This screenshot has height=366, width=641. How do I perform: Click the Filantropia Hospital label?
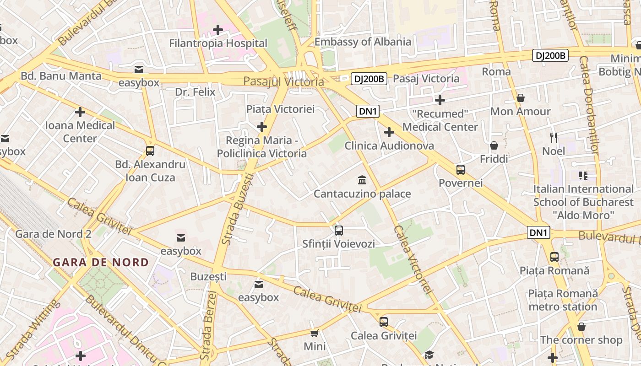218,43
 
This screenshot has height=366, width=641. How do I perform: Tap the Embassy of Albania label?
363,42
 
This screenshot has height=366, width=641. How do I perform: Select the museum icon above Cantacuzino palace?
362,179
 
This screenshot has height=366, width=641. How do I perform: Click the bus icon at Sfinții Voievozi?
339,231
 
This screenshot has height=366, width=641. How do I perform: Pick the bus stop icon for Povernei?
461,170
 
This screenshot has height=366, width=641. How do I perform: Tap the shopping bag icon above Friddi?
494,145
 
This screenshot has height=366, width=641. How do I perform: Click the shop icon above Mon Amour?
521,98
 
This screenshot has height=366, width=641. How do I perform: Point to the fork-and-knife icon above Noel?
554,137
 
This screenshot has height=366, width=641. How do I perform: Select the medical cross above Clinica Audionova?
389,133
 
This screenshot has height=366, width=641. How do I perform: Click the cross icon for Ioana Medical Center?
80,112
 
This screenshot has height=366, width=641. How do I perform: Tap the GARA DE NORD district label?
101,263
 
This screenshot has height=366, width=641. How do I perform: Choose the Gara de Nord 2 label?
54,234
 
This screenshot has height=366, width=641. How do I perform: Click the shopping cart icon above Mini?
315,333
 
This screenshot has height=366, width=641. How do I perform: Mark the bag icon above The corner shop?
581,327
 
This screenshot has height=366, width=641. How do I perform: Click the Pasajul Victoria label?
283,82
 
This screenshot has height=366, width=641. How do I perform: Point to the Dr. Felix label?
195,92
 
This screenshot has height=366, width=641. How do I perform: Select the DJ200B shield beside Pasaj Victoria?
369,79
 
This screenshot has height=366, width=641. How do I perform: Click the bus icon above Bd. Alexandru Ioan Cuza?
150,151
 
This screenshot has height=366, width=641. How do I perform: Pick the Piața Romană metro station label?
563,300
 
